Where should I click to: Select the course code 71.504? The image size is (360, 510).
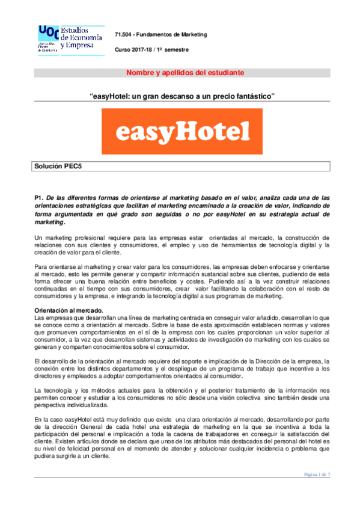(124, 35)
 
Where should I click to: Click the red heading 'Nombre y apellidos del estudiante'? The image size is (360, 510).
(185, 73)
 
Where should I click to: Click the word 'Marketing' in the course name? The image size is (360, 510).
(192, 35)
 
